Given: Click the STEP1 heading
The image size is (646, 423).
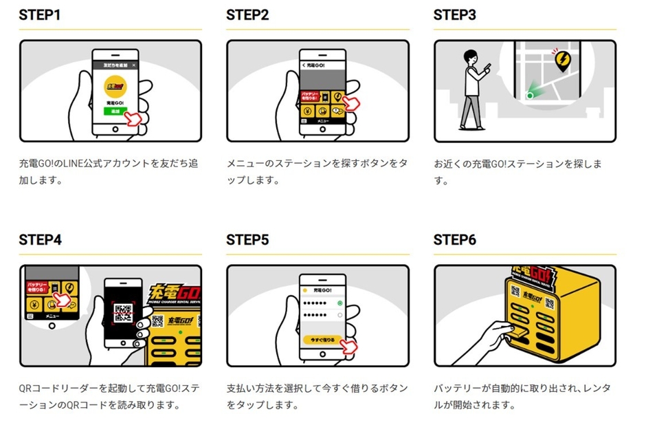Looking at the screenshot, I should tap(40, 15).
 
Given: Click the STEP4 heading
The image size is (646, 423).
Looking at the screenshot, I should tap(41, 240).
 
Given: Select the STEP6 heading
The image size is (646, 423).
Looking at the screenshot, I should tap(455, 240).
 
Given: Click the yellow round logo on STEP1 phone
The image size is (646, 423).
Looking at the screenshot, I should tap(114, 86).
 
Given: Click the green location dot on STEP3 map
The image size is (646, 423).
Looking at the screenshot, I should tap(529, 96).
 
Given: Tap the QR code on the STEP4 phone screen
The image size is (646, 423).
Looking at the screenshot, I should tap(122, 312).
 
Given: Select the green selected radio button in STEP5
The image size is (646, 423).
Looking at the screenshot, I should tap(339, 303).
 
